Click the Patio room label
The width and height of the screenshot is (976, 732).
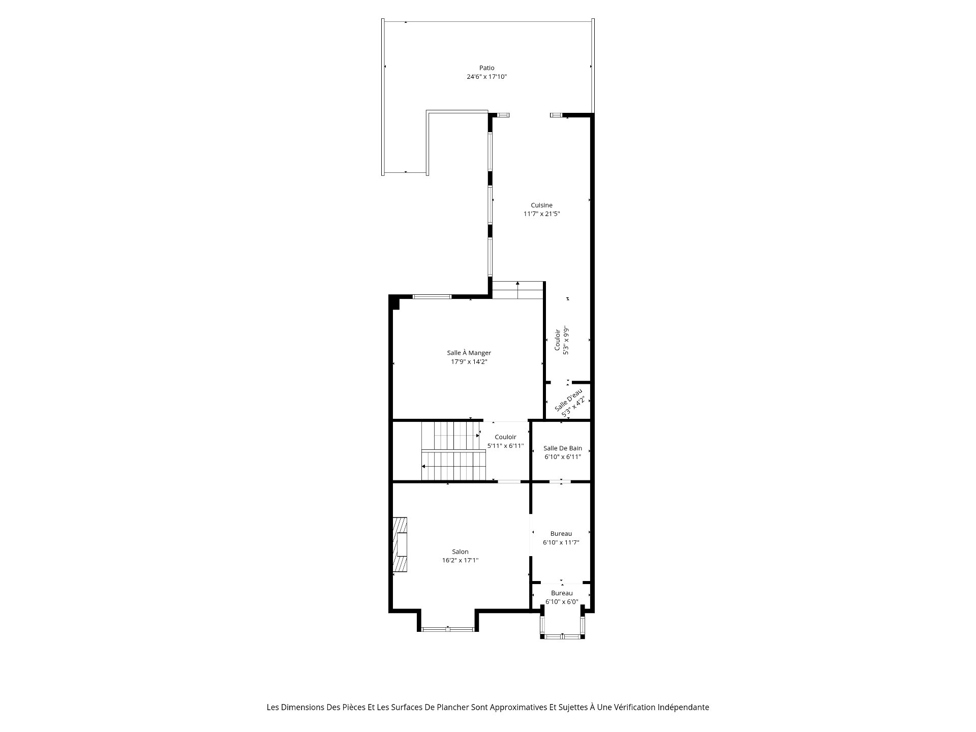[486, 68]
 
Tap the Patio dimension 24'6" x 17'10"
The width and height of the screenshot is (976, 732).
[487, 77]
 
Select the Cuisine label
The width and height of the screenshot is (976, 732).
[541, 205]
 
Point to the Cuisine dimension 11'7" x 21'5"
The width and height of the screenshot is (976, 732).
[542, 214]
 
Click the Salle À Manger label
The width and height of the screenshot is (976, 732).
[469, 353]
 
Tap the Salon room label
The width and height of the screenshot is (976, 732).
[461, 552]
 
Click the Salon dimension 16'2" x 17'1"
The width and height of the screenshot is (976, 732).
[461, 560]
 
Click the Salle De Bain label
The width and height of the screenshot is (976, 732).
[563, 448]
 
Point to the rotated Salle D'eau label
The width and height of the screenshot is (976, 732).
[568, 400]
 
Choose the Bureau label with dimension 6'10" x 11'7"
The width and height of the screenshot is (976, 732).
[561, 534]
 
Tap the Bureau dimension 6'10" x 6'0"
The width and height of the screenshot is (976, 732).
[562, 602]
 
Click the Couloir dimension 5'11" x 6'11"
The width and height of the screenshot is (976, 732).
[505, 446]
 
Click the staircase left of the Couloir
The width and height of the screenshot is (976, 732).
[453, 451]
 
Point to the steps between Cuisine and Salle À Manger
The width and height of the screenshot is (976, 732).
[518, 290]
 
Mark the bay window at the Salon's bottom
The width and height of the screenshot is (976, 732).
[447, 629]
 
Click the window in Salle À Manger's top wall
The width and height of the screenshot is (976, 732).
[432, 296]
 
